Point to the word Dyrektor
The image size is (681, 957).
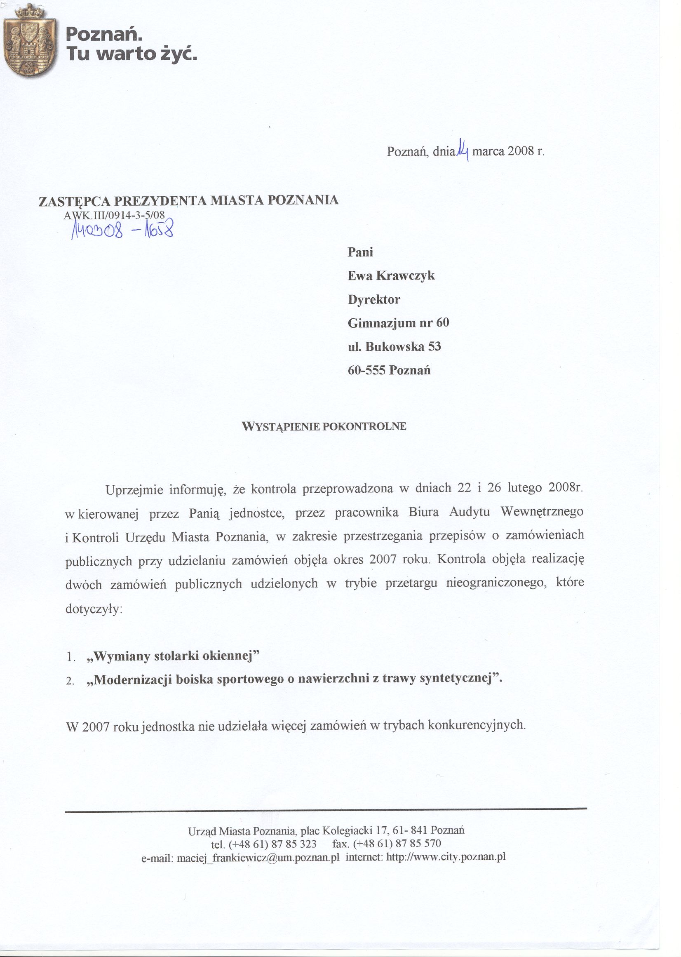point(374,299)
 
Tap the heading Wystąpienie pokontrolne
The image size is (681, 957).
point(324,426)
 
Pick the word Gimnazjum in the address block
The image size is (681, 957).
point(381,323)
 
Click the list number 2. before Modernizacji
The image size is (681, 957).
point(70,681)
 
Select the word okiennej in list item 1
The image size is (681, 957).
point(232,656)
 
